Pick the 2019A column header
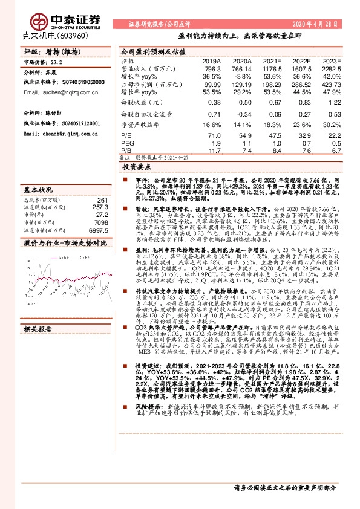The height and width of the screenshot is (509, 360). pos(211,61)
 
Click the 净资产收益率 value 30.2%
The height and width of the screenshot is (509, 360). pos(330,125)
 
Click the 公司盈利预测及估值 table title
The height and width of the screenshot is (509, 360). pos(150,52)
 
